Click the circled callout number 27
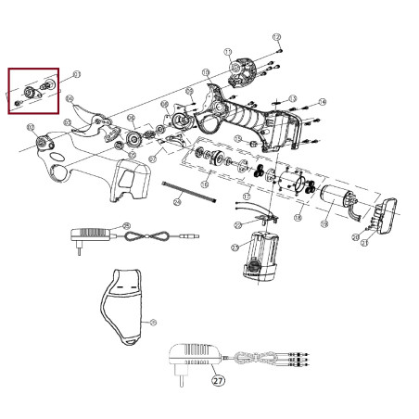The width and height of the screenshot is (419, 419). click(218, 379)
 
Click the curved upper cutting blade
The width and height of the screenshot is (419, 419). click(91, 120)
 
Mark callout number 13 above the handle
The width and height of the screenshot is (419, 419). click(293, 97)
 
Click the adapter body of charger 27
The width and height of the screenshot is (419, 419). click(192, 355)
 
